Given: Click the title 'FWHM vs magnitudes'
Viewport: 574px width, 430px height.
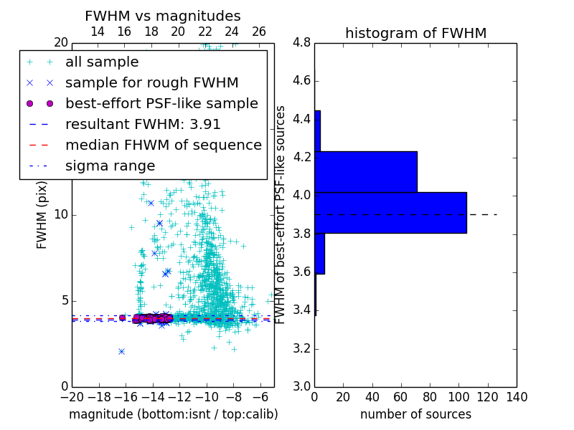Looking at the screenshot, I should [162, 16].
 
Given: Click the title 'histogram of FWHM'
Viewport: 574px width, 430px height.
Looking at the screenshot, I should [415, 33].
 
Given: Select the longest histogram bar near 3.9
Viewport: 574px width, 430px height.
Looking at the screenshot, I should [390, 213].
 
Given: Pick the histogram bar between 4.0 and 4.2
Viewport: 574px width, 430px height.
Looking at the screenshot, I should [366, 171].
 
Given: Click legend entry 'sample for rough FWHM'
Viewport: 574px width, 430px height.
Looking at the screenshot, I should [151, 82].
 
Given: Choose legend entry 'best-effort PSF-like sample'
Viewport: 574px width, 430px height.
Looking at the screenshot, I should [161, 103].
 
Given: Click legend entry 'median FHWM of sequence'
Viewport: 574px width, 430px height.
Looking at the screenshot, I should [163, 145].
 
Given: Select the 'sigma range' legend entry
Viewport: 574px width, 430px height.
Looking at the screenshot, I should [110, 166].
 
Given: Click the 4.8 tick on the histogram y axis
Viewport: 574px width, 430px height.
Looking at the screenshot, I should [302, 42].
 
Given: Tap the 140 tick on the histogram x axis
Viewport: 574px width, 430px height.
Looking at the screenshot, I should [516, 396].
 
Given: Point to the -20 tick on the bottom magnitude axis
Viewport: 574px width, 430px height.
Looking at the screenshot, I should [72, 396].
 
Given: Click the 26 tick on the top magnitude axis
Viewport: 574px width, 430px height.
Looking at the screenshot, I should [259, 32].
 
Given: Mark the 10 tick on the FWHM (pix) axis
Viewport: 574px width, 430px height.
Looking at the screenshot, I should [61, 214].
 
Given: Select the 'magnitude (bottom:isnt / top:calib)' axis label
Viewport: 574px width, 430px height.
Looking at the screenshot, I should [173, 414].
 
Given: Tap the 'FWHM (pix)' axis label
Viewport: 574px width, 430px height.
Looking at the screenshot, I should [42, 214].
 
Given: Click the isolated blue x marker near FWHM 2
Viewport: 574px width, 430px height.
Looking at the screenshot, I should [121, 351].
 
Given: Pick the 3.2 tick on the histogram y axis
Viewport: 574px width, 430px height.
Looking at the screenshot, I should [302, 348].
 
